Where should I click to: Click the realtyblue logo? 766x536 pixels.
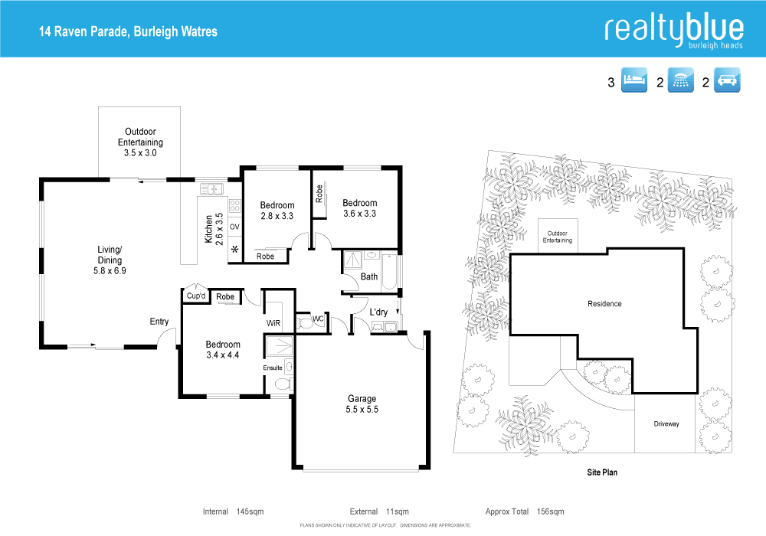pyautogui.click(x=673, y=31)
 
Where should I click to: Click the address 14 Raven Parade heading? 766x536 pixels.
pyautogui.click(x=129, y=31)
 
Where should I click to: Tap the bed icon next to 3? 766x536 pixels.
pyautogui.click(x=635, y=80)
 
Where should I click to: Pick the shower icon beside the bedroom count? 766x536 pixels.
pyautogui.click(x=680, y=80)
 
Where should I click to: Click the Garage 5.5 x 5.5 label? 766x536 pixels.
pyautogui.click(x=362, y=404)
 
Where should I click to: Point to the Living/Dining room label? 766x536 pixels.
pyautogui.click(x=110, y=260)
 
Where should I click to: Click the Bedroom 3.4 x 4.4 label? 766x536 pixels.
pyautogui.click(x=223, y=349)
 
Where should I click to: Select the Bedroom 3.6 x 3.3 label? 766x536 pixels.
pyautogui.click(x=359, y=208)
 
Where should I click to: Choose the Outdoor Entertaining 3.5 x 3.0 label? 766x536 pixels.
pyautogui.click(x=140, y=142)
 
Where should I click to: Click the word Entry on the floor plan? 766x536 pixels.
pyautogui.click(x=159, y=322)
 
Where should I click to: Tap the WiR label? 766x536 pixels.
pyautogui.click(x=274, y=324)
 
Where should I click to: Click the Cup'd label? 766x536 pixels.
pyautogui.click(x=196, y=296)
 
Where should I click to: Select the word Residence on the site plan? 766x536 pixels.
pyautogui.click(x=604, y=304)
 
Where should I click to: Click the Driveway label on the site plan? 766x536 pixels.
pyautogui.click(x=666, y=423)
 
